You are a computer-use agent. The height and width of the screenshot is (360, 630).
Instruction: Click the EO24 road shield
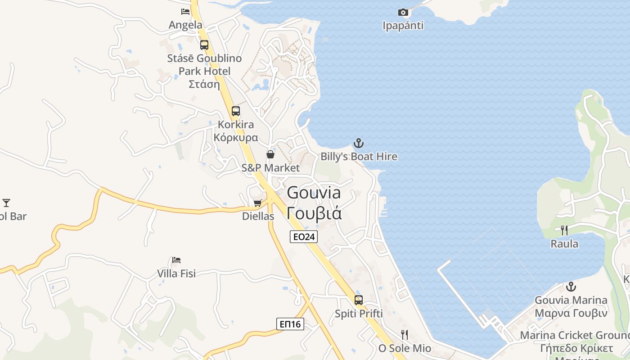(304, 237)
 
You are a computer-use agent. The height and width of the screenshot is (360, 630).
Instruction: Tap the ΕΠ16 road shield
(290, 324)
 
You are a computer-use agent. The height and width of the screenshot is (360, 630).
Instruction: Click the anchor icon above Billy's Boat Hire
(359, 144)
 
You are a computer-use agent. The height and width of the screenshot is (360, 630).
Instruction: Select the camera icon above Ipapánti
(403, 12)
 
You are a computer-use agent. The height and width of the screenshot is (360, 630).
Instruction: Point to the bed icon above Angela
(185, 12)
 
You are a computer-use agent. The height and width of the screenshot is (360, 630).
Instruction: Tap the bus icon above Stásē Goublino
(204, 45)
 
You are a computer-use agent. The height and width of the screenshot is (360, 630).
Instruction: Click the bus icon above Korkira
(235, 111)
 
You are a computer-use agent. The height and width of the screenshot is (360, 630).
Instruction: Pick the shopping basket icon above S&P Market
(270, 155)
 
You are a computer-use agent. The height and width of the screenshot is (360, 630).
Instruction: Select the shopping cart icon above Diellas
(258, 203)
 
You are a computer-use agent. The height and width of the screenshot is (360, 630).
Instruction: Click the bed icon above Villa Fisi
(176, 260)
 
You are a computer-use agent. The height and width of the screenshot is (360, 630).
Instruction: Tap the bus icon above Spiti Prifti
(359, 300)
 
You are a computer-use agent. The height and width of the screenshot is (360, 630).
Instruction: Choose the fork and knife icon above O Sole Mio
(405, 334)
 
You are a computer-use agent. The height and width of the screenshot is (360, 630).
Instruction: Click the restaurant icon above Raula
(564, 230)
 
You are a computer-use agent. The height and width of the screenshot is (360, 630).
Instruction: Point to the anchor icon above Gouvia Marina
(571, 287)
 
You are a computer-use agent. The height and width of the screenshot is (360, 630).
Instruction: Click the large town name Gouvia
(314, 193)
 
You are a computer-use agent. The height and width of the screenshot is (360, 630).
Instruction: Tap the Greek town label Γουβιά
(314, 213)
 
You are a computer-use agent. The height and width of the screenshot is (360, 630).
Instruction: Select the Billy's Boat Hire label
(359, 157)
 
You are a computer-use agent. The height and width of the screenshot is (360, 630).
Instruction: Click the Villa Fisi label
(176, 273)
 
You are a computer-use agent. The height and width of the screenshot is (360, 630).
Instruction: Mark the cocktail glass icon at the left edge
(6, 203)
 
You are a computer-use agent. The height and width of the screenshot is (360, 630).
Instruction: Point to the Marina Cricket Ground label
(575, 335)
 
